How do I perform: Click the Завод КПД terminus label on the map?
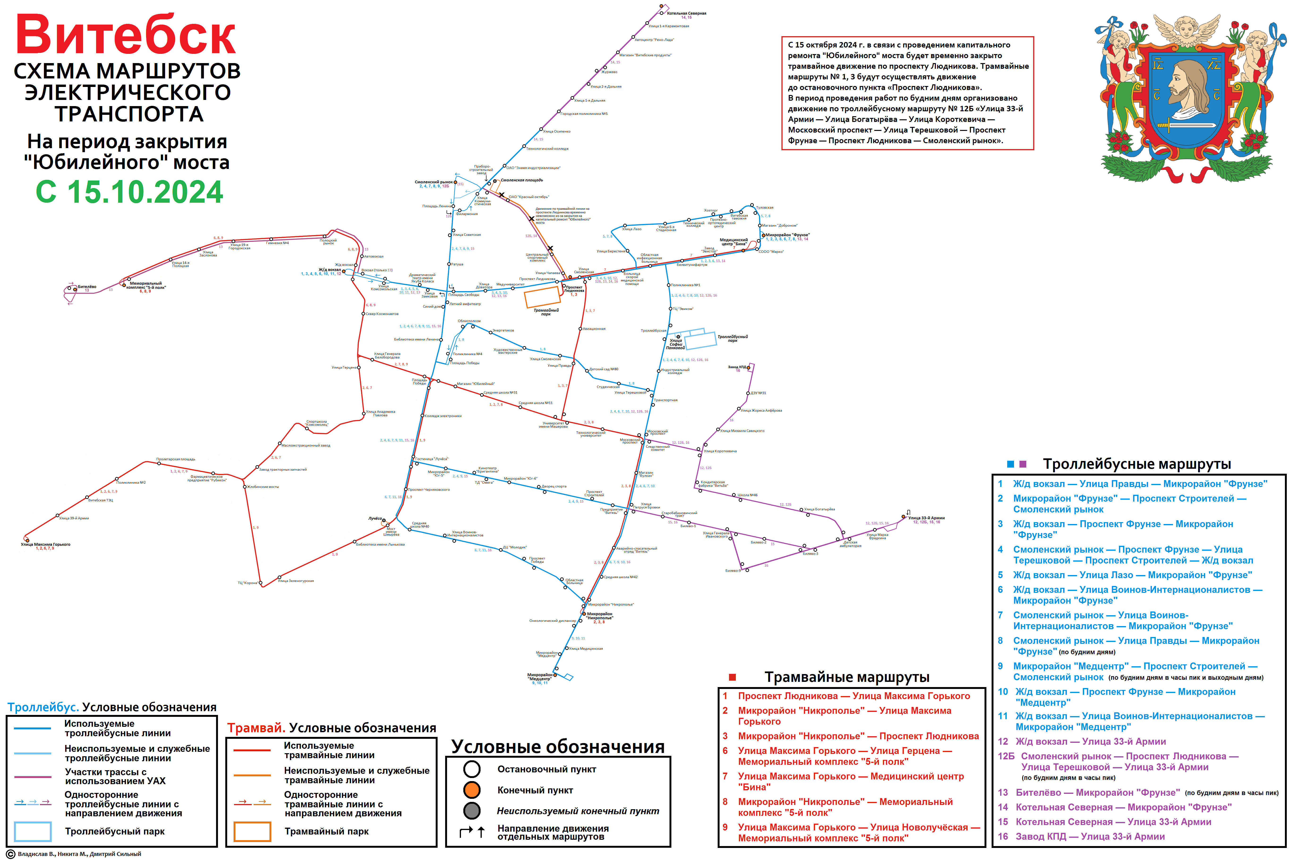737,367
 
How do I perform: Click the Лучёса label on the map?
375,518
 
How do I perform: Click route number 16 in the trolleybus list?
1003,836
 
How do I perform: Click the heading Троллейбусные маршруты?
1136,464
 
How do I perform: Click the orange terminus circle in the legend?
471,790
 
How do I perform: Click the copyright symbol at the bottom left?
10,854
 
